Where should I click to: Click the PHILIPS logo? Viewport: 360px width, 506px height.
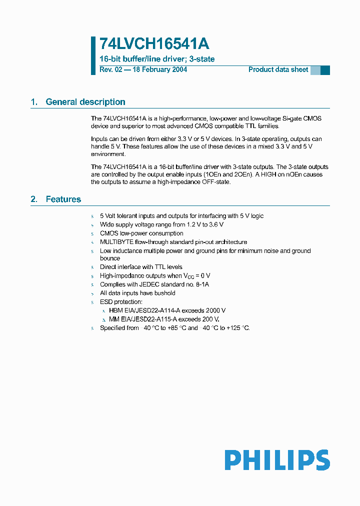[x=277, y=460]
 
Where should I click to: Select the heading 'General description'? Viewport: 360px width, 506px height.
[x=85, y=102]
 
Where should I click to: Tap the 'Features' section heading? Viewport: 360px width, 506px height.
[x=63, y=199]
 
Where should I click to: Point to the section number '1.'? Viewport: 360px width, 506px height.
[x=34, y=102]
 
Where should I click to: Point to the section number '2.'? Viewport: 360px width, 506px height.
[x=34, y=199]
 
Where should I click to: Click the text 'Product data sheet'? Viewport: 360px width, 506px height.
[x=278, y=69]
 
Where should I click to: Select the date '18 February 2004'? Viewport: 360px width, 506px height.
[x=159, y=69]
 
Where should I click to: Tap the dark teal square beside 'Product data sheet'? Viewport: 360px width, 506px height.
[x=325, y=70]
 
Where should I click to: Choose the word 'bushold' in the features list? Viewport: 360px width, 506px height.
[x=164, y=293]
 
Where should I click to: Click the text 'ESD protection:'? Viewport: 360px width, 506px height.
[x=121, y=302]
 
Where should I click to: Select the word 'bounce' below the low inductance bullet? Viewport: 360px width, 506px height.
[x=110, y=258]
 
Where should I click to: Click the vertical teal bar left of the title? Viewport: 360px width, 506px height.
[x=93, y=55]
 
